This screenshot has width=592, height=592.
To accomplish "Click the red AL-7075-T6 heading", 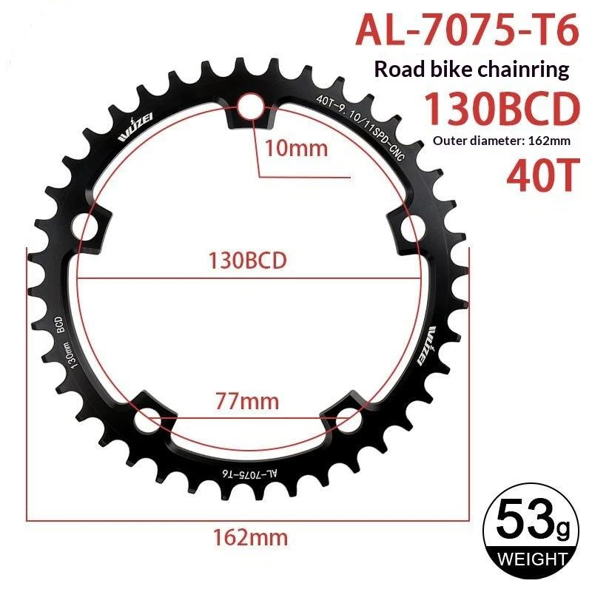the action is (467, 29).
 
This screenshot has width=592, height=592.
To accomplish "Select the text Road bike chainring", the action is (471, 70).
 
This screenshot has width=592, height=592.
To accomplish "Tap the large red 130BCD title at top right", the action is (502, 109).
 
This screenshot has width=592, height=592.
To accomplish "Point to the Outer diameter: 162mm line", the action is (502, 141).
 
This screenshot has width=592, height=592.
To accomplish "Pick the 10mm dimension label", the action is (296, 148).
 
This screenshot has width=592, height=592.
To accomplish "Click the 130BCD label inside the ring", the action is (248, 260).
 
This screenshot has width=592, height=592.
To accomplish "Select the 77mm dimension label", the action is (247, 401).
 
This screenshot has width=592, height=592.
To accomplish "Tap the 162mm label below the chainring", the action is (250, 537).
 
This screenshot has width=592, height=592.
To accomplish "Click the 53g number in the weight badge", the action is (533, 520).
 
